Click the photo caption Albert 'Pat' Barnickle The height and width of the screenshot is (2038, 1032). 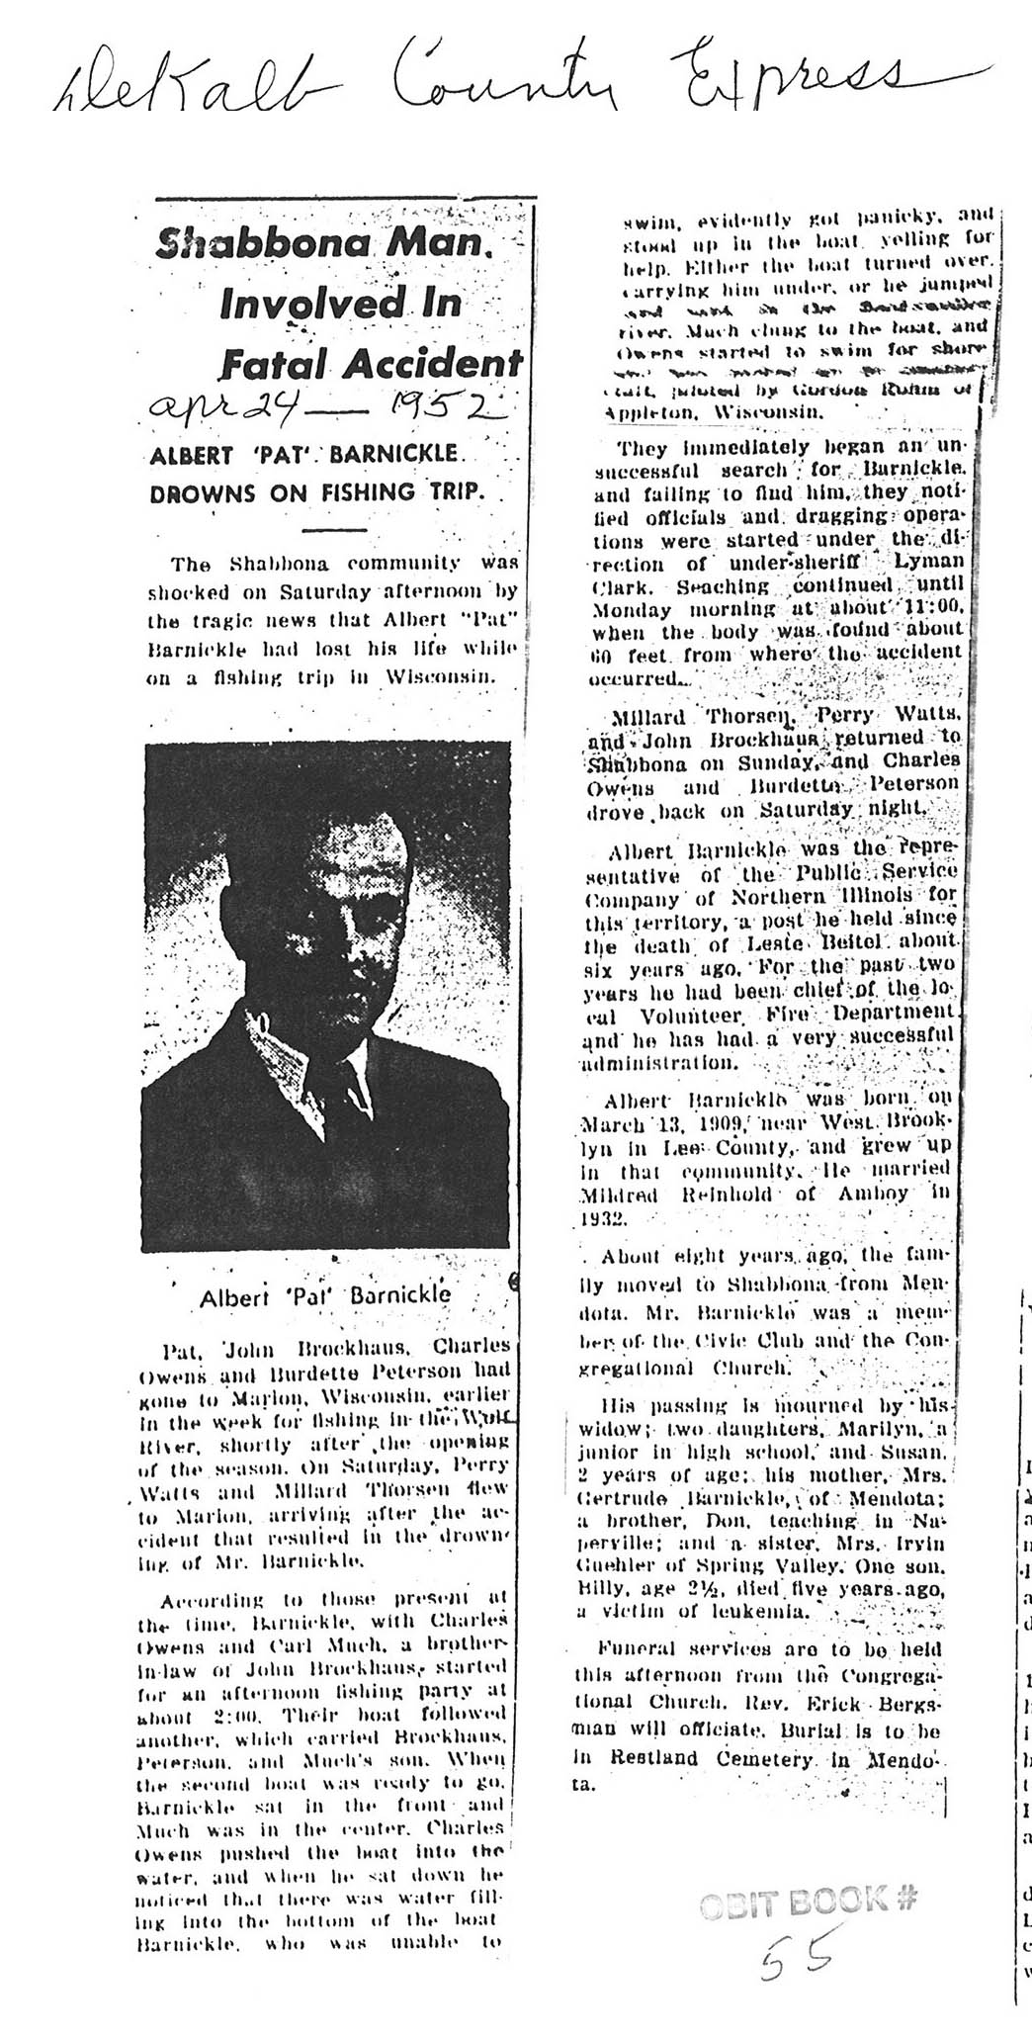325,1294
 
